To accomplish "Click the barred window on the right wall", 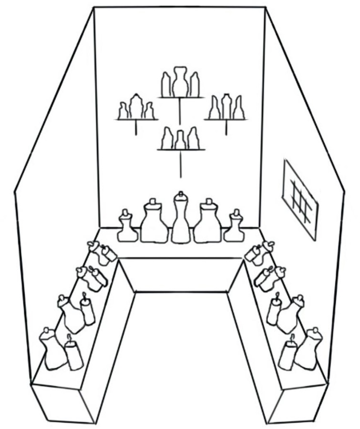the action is [299, 199].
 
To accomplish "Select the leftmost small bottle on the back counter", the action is [127, 227].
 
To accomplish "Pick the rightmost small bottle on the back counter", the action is [235, 227].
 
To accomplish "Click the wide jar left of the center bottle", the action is [154, 223].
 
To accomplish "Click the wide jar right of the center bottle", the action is [207, 223].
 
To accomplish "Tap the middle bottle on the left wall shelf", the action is [136, 107].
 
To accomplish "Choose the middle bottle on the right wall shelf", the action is [226, 107].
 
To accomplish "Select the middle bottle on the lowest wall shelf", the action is [180, 140].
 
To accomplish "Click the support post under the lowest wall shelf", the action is [180, 164].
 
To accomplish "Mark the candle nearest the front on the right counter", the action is [288, 355].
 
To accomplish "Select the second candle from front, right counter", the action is [274, 310].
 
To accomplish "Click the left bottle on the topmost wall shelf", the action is [166, 85].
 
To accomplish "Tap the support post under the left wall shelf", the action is [136, 128].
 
